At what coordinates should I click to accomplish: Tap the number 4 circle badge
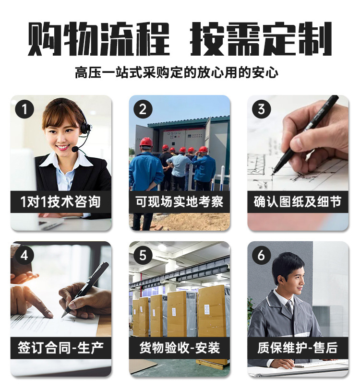point(24,256)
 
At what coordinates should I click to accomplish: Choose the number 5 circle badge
point(143,256)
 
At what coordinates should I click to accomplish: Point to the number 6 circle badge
point(261,256)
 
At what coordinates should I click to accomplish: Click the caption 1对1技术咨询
point(61,202)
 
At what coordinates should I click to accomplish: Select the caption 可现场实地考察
point(179,202)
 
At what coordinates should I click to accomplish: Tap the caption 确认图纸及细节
point(298,202)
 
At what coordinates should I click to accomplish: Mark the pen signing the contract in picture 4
point(86,288)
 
